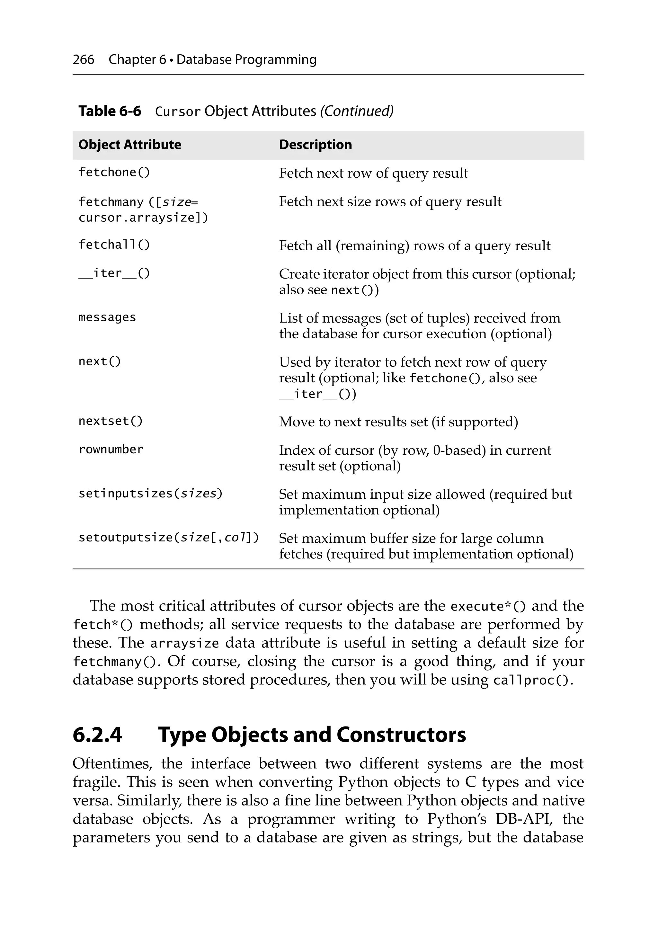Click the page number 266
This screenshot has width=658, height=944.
83,60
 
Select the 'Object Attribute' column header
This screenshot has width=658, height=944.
129,145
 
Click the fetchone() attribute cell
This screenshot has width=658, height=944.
114,172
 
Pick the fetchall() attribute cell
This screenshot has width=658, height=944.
114,245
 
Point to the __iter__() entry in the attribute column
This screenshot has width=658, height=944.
114,273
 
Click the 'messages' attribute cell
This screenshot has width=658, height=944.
107,317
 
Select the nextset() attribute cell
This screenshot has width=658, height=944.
111,421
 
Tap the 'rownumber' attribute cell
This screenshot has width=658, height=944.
111,450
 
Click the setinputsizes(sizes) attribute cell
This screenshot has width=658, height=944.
150,494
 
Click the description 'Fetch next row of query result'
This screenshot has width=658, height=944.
373,173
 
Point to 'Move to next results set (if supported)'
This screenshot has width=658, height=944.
398,422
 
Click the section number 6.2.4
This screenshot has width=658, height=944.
97,735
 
